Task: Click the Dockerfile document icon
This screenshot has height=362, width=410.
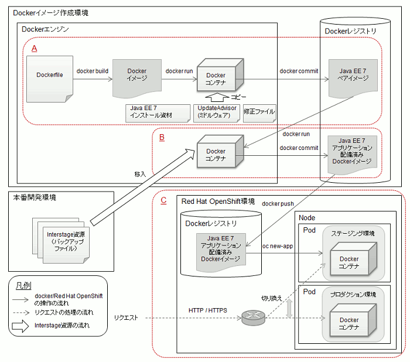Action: (50, 78)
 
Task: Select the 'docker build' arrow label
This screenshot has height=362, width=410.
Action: (93, 71)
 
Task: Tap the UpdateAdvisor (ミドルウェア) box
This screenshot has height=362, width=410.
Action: (217, 113)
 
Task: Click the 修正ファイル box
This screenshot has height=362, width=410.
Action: (259, 113)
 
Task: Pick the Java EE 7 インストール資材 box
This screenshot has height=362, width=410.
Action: (158, 113)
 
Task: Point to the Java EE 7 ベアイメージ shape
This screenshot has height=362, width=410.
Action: (353, 78)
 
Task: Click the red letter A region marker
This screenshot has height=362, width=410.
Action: (34, 49)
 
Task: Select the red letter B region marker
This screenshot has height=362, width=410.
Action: (162, 137)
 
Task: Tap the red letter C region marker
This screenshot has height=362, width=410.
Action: (163, 200)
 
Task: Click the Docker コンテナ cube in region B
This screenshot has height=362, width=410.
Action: (220, 151)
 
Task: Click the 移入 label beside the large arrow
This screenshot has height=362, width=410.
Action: (140, 174)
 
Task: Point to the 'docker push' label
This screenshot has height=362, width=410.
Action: (278, 203)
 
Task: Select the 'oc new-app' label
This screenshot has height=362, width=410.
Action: (278, 246)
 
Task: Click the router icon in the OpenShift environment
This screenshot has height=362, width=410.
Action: (253, 317)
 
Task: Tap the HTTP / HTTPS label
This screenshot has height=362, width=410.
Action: (207, 310)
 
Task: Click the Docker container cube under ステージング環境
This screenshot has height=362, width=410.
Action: (354, 259)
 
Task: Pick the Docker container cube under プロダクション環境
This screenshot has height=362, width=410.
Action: (353, 320)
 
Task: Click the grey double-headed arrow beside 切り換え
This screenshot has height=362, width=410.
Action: (289, 308)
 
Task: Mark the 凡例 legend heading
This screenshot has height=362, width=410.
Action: (23, 285)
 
